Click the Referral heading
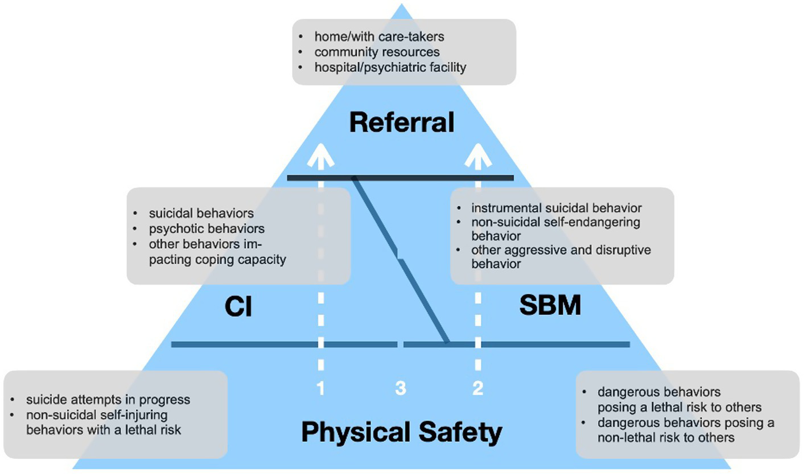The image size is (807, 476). pos(402,122)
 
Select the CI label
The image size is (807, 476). pos(238,308)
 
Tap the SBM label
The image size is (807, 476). pos(550,306)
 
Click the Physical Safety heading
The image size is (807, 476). pos(402,432)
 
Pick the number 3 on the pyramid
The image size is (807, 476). pos(401,389)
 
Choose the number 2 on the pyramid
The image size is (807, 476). pos(477,389)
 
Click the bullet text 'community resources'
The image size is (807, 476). pos(377,52)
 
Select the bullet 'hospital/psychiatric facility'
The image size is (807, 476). pos(390,67)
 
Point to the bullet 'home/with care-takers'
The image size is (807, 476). pos(379,36)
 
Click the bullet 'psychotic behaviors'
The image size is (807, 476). pos(207,229)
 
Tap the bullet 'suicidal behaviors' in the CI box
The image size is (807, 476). pos(201,214)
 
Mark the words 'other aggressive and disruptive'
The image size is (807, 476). pos(561,251)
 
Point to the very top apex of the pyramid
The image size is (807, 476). pos(402,6)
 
